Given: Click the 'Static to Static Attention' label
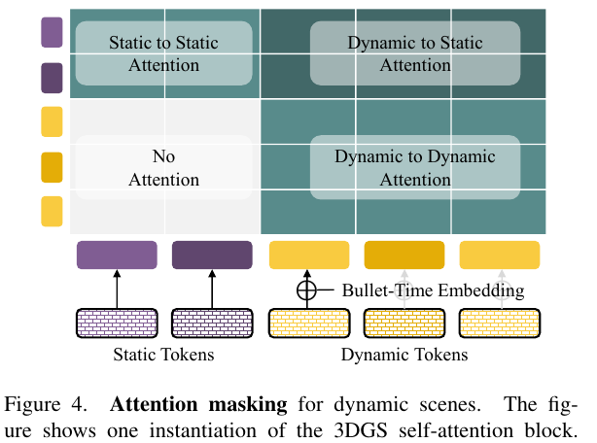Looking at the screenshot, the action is click(x=163, y=53).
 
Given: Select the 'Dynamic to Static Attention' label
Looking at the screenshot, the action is click(x=415, y=53).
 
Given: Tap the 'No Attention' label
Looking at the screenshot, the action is click(x=163, y=168).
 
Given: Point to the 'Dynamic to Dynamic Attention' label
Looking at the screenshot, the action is click(x=415, y=168).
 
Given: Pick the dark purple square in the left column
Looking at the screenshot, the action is click(x=52, y=78).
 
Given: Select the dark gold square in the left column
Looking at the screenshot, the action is click(x=52, y=167).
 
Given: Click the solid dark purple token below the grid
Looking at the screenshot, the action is click(x=212, y=255).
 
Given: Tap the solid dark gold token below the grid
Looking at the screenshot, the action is click(x=404, y=255).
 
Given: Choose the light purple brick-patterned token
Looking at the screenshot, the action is click(x=117, y=324).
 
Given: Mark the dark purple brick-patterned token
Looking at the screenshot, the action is click(x=212, y=324).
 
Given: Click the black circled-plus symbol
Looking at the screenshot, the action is click(x=306, y=290).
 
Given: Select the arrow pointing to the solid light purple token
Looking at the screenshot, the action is click(x=117, y=289).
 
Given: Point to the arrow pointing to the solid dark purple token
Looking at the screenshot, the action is click(x=212, y=289).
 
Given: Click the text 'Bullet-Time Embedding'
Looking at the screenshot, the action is click(x=433, y=290).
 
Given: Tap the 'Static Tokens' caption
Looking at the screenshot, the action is click(x=163, y=355).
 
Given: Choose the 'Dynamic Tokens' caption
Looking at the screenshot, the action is click(x=404, y=355).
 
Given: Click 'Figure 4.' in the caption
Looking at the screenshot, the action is click(x=46, y=404).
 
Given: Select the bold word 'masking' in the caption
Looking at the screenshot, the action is click(x=248, y=404).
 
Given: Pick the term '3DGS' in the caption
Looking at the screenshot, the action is click(x=360, y=430).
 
